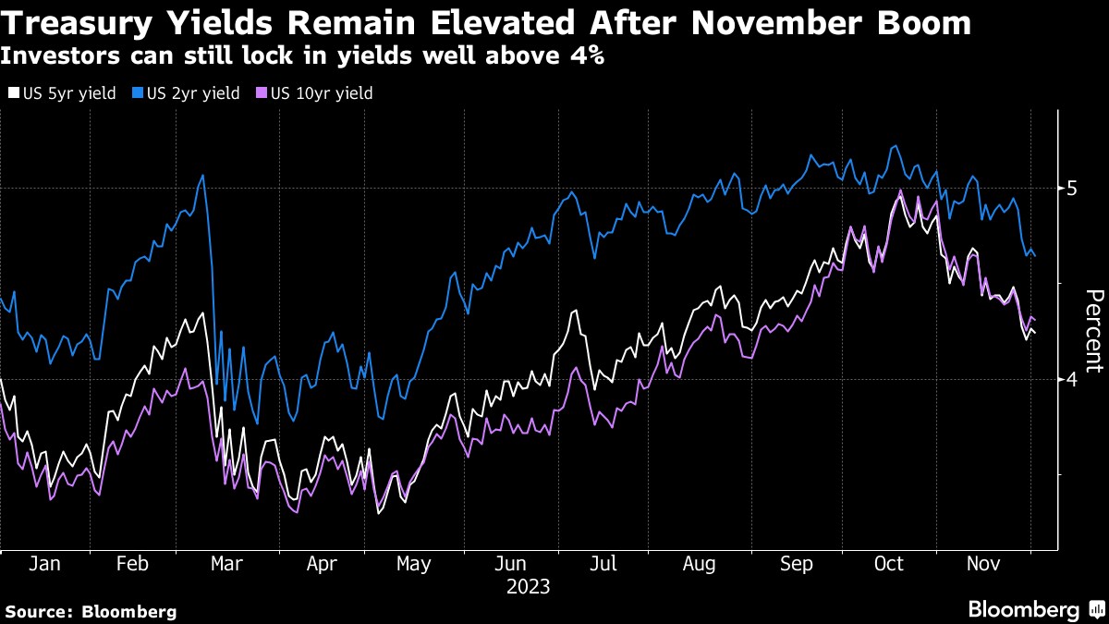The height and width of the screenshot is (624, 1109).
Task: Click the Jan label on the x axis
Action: tap(44, 563)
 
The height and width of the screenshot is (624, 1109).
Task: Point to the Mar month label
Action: tap(227, 563)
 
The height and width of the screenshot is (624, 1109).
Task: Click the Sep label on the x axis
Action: tap(797, 563)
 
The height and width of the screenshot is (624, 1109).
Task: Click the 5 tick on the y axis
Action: tap(1072, 189)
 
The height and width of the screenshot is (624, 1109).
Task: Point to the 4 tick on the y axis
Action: tap(1072, 380)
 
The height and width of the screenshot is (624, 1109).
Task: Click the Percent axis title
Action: tap(1093, 330)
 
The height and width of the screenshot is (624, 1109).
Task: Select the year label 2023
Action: tap(529, 586)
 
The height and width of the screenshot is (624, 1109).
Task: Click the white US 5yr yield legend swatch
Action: tap(13, 93)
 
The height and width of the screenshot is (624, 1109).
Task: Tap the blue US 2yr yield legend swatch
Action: tap(137, 93)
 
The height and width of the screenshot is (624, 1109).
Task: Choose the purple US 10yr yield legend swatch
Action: tap(261, 93)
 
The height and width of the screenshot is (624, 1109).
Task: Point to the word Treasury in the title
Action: tap(91, 22)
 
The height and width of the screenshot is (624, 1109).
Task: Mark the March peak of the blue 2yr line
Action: tap(202, 175)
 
